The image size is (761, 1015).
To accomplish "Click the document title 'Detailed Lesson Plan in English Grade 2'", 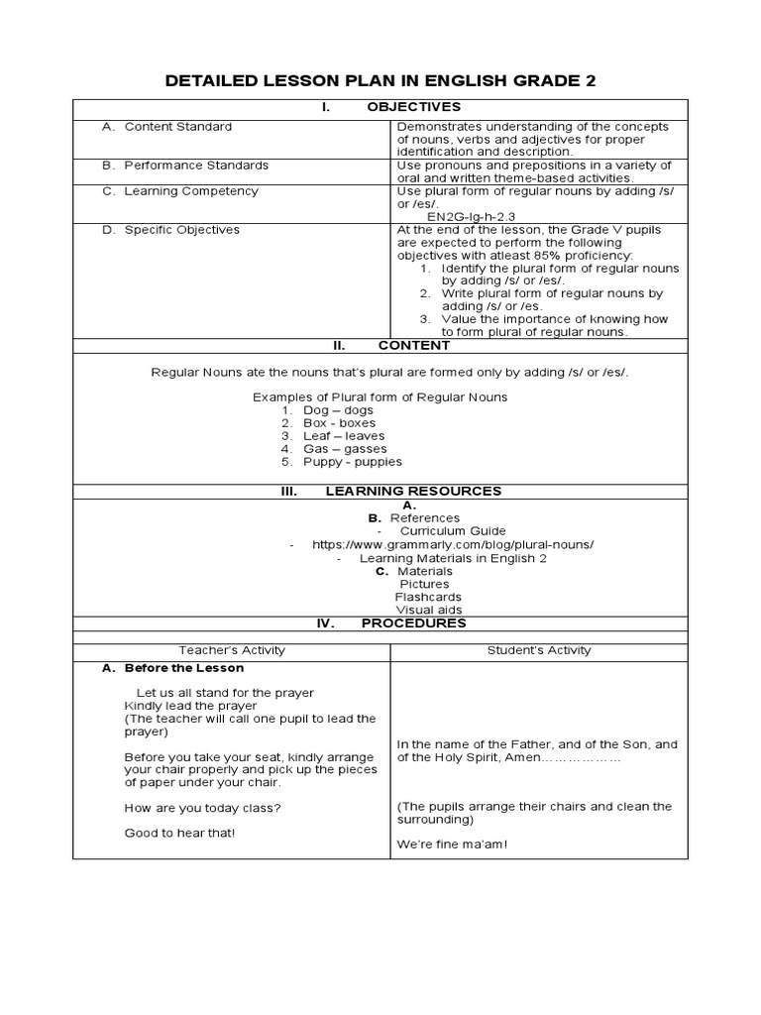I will point(380,80).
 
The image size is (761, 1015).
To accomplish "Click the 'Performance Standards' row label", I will point(196,166).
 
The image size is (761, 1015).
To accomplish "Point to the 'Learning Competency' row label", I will point(191,191).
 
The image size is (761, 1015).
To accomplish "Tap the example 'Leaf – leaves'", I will point(344,436).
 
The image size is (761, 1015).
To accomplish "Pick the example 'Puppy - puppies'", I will point(353,462).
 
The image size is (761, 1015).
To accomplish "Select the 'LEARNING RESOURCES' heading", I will point(413,491).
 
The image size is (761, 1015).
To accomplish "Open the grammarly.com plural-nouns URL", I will point(453,545).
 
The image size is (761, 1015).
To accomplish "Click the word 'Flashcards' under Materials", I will point(422,597).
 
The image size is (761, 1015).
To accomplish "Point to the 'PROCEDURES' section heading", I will point(413,623).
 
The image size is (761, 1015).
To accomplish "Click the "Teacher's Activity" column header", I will point(231,650).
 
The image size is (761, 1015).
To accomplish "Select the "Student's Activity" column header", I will point(539,650).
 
